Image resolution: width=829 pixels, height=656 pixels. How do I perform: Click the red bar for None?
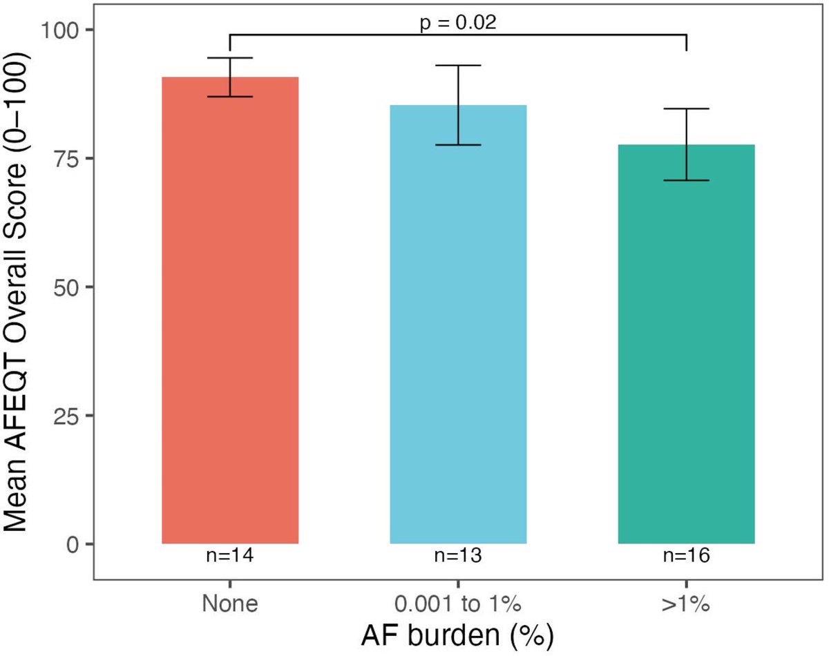230,311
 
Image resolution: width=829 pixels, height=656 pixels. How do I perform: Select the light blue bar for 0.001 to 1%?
458,325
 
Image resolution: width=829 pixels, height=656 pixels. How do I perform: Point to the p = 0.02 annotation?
458,22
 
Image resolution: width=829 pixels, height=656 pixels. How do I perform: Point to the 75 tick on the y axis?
66,159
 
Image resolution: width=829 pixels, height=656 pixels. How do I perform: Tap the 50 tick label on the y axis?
66,287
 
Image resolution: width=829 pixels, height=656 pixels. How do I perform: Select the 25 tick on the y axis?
66,416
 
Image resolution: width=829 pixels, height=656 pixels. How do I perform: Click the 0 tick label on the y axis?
73,544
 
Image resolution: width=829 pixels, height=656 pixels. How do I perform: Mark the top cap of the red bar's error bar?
230,58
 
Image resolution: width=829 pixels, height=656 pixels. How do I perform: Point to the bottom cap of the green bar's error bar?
686,180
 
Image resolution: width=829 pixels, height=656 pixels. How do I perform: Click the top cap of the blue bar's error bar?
458,65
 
